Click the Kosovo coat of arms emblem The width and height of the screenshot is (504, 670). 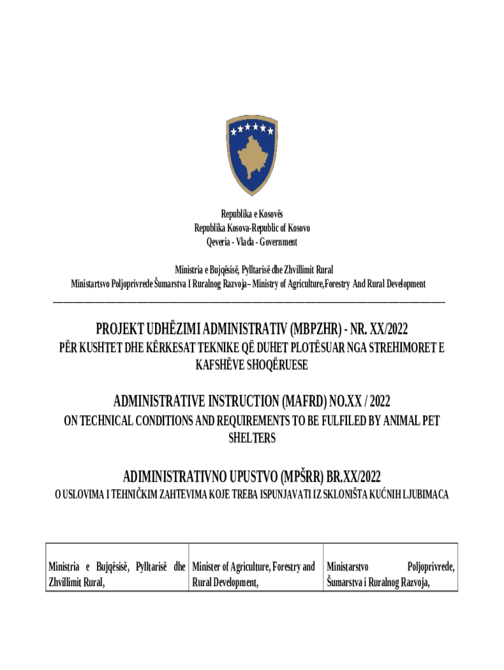pyautogui.click(x=251, y=154)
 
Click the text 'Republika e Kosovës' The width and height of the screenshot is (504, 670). pyautogui.click(x=252, y=214)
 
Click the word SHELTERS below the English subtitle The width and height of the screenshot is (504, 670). pyautogui.click(x=252, y=438)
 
